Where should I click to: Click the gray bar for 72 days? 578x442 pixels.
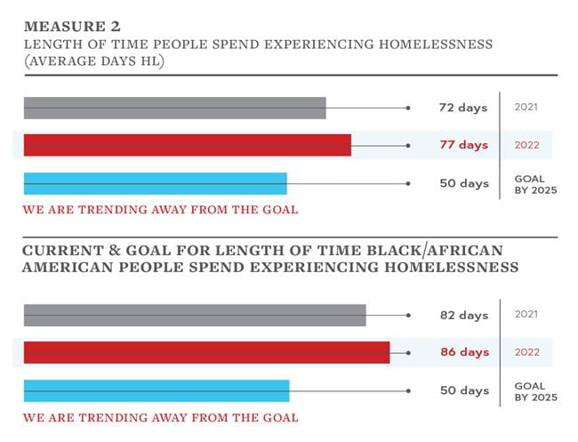[x=174, y=108]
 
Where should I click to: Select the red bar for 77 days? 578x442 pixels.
[x=187, y=145]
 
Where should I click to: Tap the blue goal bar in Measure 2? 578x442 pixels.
[x=155, y=183]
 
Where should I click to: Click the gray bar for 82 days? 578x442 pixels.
[x=194, y=315]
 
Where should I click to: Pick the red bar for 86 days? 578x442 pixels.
[x=206, y=352]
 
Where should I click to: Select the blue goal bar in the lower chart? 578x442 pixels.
[x=156, y=390]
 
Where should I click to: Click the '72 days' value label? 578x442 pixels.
[x=463, y=108]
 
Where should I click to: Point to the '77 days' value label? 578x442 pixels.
[x=463, y=145]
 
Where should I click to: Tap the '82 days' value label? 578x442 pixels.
[x=463, y=315]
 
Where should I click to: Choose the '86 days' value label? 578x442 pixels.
[x=463, y=352]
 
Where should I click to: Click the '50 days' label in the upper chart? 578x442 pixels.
[x=463, y=183]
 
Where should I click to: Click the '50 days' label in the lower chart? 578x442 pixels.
[x=463, y=390]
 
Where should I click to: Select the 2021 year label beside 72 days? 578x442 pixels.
[x=527, y=108]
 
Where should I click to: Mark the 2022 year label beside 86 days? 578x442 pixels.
[x=527, y=352]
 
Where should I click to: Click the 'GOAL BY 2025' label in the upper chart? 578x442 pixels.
[x=534, y=184]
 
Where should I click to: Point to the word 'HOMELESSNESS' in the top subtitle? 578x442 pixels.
[x=435, y=44]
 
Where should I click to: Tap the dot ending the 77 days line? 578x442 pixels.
[x=408, y=145]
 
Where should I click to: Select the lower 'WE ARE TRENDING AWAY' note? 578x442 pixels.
[x=160, y=417]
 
